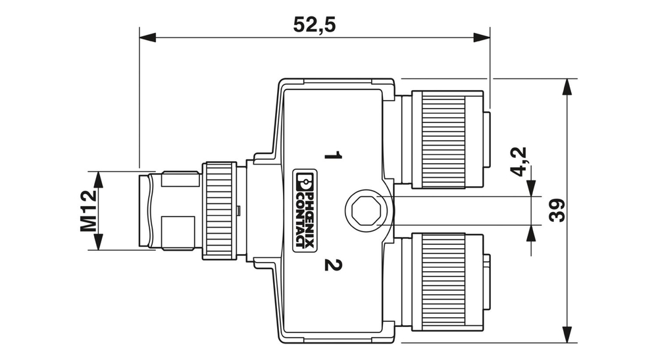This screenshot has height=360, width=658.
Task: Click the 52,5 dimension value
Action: tap(314, 24)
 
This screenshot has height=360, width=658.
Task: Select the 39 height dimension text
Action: tap(557, 211)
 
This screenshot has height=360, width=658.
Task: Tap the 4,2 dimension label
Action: tap(519, 161)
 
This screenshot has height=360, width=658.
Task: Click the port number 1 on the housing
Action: tap(334, 156)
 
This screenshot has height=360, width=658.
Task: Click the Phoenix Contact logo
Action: tap(304, 211)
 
